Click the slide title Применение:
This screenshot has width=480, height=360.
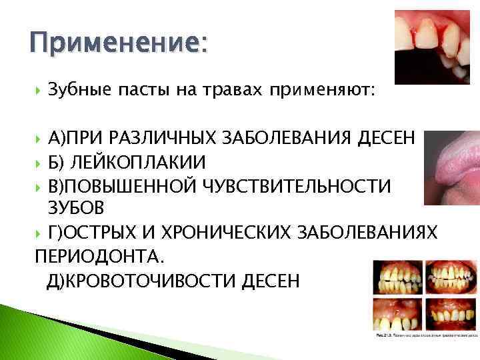[116, 45]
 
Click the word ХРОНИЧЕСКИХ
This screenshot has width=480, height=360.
[233, 232]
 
